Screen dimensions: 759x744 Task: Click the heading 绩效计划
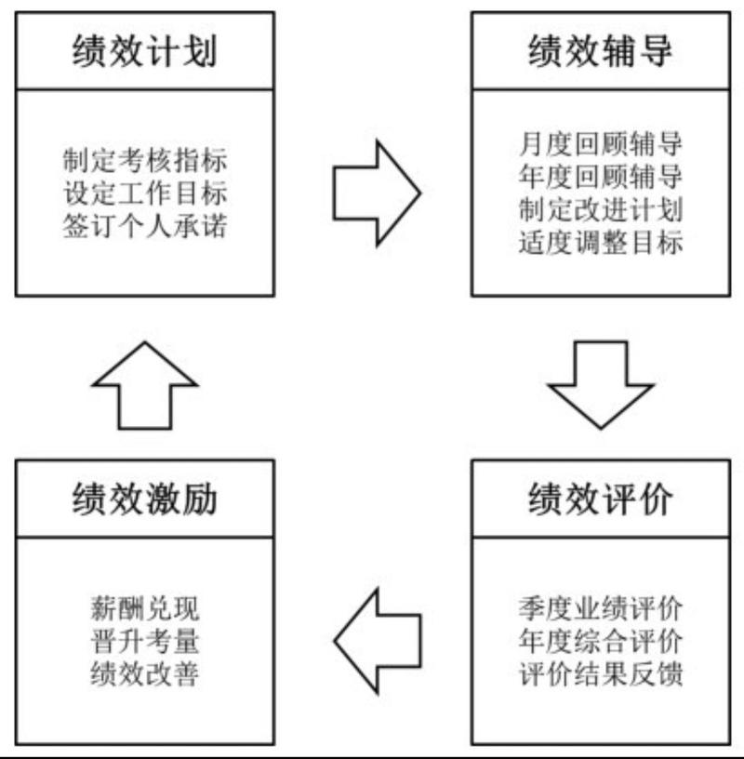point(144,51)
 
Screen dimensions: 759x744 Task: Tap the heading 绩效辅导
point(600,51)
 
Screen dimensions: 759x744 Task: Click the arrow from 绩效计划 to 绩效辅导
point(375,193)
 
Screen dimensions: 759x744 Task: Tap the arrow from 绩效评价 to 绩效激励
point(375,640)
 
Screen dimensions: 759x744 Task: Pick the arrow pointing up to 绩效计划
point(144,383)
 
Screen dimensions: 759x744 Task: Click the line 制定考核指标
point(144,160)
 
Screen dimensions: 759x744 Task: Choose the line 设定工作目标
point(144,193)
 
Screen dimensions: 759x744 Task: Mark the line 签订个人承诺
point(144,226)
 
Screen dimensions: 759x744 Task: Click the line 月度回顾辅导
point(600,144)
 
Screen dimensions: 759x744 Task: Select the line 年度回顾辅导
point(600,177)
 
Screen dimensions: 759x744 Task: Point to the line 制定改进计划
point(600,209)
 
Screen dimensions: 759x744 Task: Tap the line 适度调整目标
point(600,243)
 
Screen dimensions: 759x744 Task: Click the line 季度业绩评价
point(600,608)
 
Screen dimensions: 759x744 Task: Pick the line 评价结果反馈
point(600,673)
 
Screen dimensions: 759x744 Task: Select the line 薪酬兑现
point(144,608)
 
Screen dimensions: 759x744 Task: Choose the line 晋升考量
point(144,641)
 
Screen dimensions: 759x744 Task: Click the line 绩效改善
point(144,673)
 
